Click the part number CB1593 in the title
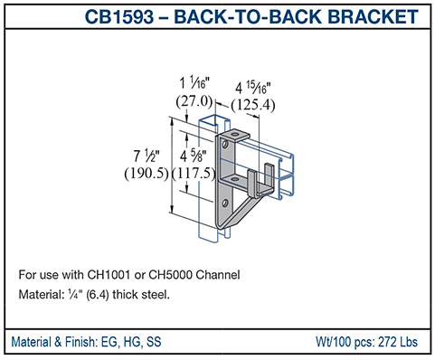tap(119, 16)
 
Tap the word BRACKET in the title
tap(373, 16)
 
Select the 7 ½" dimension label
tap(147, 156)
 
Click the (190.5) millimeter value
tap(147, 173)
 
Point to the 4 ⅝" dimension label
tap(194, 156)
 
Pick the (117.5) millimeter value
tap(194, 173)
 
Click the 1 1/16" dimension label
tap(194, 83)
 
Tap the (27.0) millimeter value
tap(194, 101)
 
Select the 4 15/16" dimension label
tap(253, 88)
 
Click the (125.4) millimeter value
tap(253, 105)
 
